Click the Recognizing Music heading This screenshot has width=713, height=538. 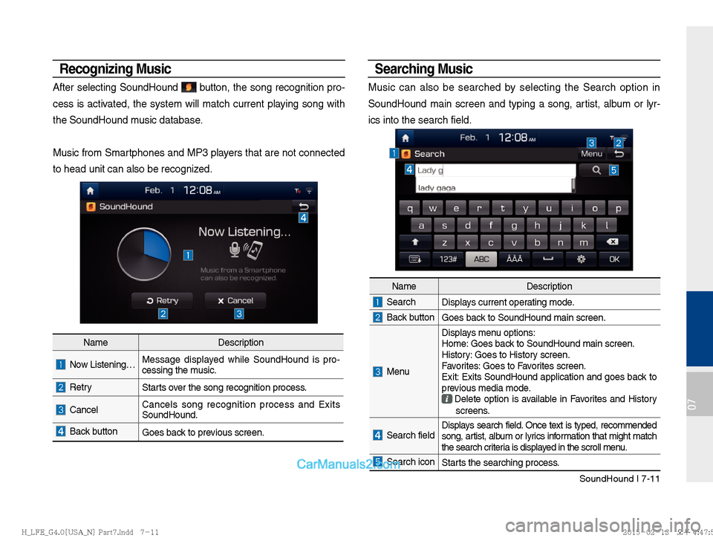[x=115, y=69]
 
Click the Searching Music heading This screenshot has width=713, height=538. [x=423, y=69]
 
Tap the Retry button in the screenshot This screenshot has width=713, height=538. [x=162, y=300]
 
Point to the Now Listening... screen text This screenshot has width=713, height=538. [x=244, y=232]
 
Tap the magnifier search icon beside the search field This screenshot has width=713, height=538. [x=596, y=170]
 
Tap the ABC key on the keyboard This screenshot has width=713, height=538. [x=481, y=259]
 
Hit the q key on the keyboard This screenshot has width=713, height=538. [x=410, y=208]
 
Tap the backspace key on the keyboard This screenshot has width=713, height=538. [x=613, y=242]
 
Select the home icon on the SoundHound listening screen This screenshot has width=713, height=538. [x=89, y=190]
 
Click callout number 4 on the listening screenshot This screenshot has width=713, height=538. [x=303, y=218]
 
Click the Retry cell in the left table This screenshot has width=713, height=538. [x=81, y=387]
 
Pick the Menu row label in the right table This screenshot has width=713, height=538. [x=398, y=371]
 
